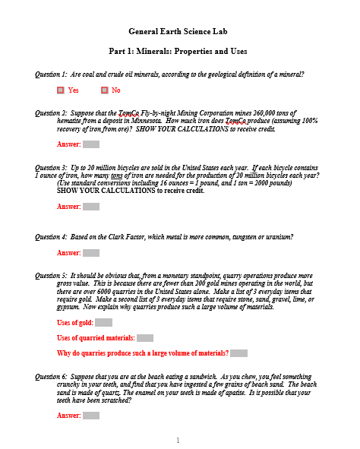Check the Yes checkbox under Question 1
tap(61, 90)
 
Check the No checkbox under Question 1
tap(104, 90)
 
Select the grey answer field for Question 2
tap(91, 144)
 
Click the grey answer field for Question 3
tap(91, 206)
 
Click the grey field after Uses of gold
tap(104, 323)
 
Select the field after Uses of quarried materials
tap(145, 338)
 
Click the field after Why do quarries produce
tap(238, 353)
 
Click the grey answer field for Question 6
tap(91, 416)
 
